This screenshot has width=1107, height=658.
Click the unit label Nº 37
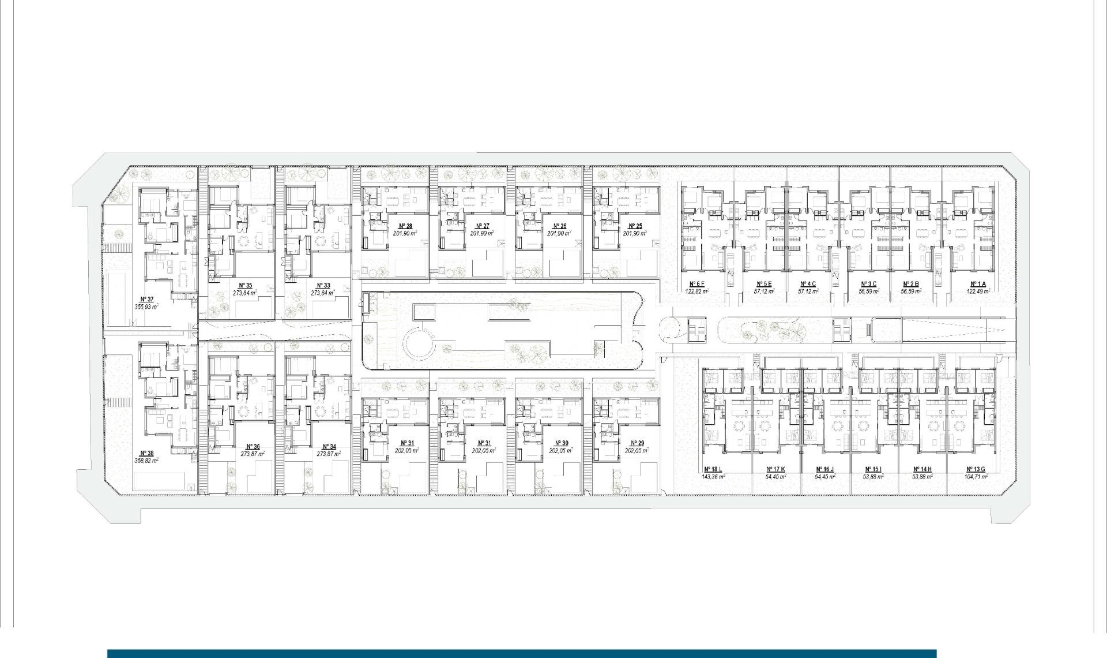click(146, 299)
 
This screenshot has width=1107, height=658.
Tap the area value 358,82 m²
click(146, 461)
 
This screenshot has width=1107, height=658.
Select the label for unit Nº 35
click(245, 285)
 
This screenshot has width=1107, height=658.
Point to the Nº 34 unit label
click(329, 447)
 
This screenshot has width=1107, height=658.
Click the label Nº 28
click(405, 226)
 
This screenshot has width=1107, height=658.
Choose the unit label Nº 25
click(635, 226)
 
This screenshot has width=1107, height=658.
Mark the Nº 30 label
click(561, 443)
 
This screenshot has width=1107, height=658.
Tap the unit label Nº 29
click(637, 443)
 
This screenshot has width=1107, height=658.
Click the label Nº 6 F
click(696, 284)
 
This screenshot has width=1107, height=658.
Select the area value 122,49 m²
click(978, 291)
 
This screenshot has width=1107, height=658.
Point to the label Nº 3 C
click(868, 284)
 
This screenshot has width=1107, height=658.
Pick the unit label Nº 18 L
click(713, 470)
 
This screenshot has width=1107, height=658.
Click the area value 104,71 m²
click(975, 477)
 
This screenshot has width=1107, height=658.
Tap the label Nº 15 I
click(873, 470)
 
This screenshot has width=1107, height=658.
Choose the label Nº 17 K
click(775, 470)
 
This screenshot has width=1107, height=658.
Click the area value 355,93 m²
click(146, 306)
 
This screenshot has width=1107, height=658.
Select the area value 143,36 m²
click(713, 477)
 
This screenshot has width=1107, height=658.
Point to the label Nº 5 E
click(764, 284)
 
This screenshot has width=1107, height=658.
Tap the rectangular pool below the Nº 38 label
click(160, 481)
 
